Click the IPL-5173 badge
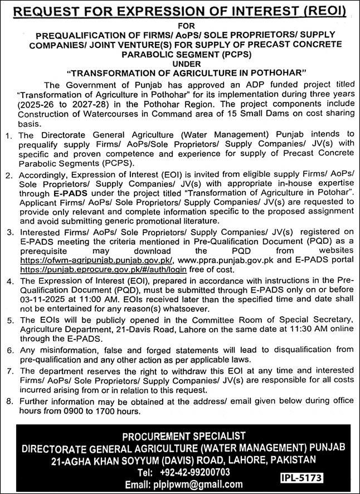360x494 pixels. pos(301,478)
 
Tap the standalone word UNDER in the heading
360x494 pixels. pos(179,64)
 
